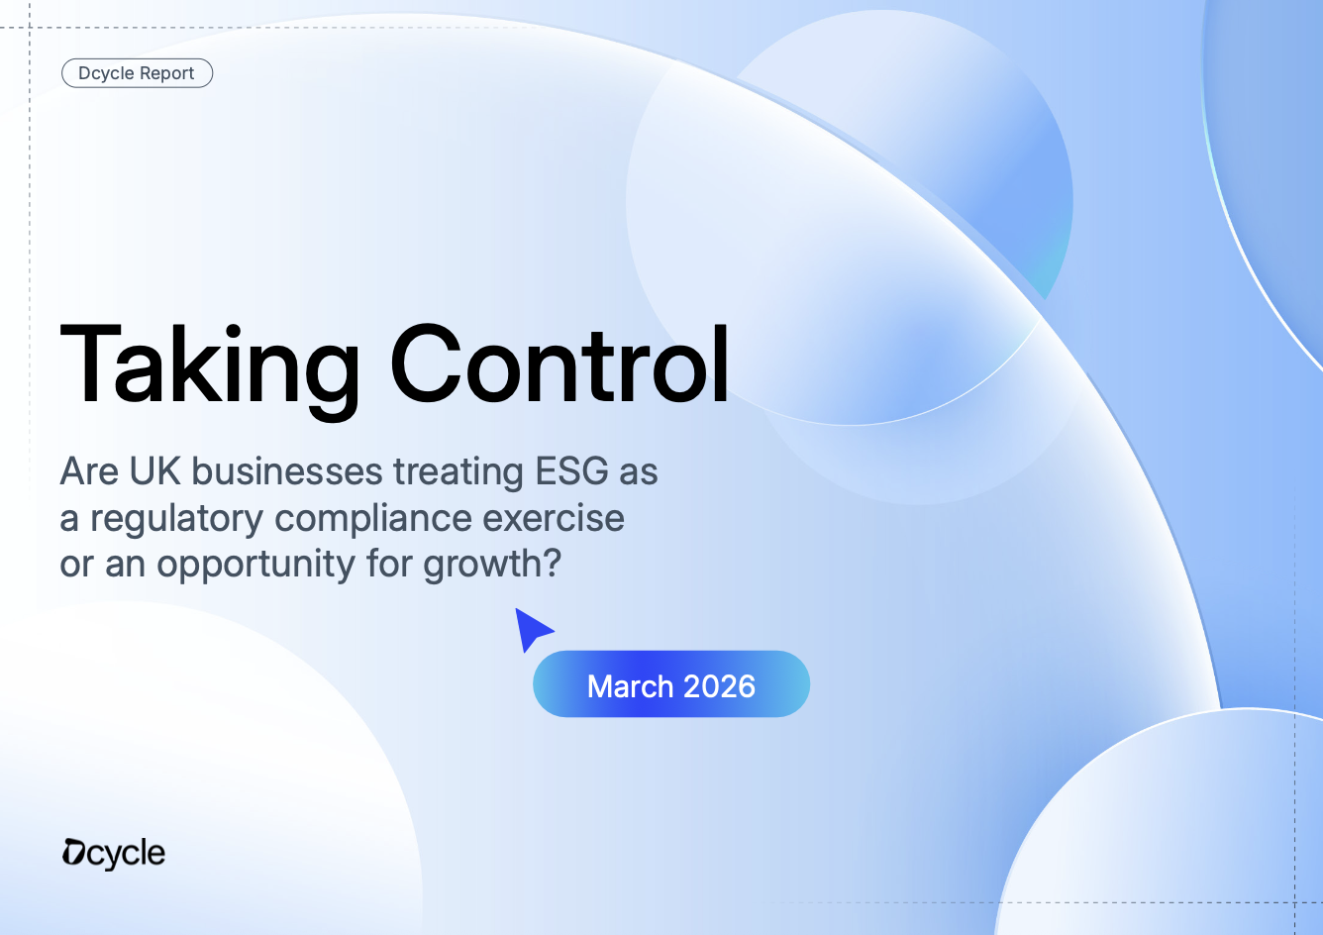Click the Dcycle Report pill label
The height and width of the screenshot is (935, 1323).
coord(137,73)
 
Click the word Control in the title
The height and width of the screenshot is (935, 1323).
coord(560,364)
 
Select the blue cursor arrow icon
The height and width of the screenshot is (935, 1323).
coord(534,630)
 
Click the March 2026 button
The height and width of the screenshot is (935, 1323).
coord(671,684)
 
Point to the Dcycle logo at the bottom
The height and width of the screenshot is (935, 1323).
coord(114,854)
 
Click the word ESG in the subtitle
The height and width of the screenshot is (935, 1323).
coord(571,471)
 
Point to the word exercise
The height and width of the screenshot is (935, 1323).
coord(554,518)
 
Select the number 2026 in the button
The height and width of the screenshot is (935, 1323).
coord(719,686)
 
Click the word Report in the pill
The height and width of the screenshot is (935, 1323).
coord(167,73)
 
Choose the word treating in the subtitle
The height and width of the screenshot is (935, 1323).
coord(458,472)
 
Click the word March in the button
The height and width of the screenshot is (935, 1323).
coord(630,686)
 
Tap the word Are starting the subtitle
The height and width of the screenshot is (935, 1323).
coord(89,471)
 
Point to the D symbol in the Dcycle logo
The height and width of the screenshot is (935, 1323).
coord(74,853)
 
